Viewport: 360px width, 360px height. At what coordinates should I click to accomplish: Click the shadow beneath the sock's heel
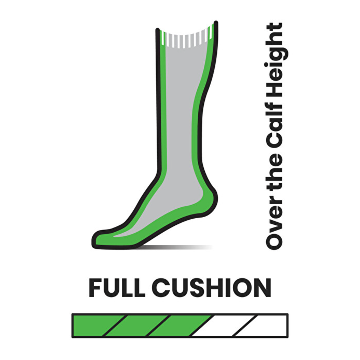[177, 247]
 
